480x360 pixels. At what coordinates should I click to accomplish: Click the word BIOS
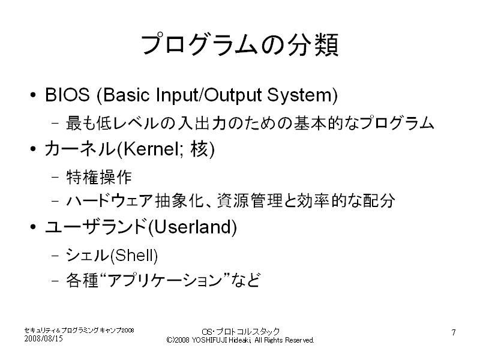tap(67, 95)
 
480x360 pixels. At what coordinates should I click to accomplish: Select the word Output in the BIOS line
tap(233, 95)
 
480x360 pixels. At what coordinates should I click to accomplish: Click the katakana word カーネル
tap(80, 149)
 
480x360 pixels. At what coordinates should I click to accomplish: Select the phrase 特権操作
tap(99, 177)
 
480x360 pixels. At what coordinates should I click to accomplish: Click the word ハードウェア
tap(109, 201)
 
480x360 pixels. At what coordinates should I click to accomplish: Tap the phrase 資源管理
tap(250, 201)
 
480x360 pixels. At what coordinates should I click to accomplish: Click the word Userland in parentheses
tap(193, 227)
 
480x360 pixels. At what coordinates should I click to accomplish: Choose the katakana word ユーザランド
tap(95, 227)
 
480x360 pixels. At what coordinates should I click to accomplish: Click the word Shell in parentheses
tap(134, 256)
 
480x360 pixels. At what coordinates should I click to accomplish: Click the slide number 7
tap(454, 332)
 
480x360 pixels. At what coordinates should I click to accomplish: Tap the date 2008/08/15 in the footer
tap(43, 338)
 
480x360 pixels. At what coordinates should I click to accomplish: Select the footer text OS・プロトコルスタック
tap(241, 332)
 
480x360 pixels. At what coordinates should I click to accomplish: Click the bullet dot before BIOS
tap(33, 95)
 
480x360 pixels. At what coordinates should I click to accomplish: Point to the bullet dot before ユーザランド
tap(33, 227)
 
